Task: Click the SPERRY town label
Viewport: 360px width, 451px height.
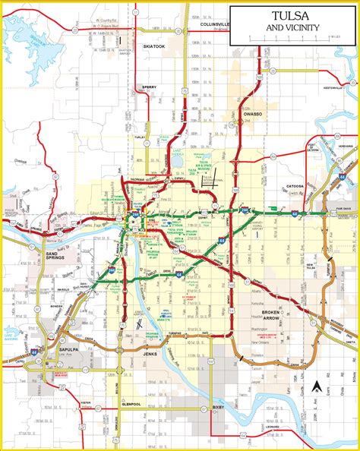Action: (x=150, y=87)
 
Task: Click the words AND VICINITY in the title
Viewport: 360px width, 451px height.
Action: (x=292, y=28)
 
